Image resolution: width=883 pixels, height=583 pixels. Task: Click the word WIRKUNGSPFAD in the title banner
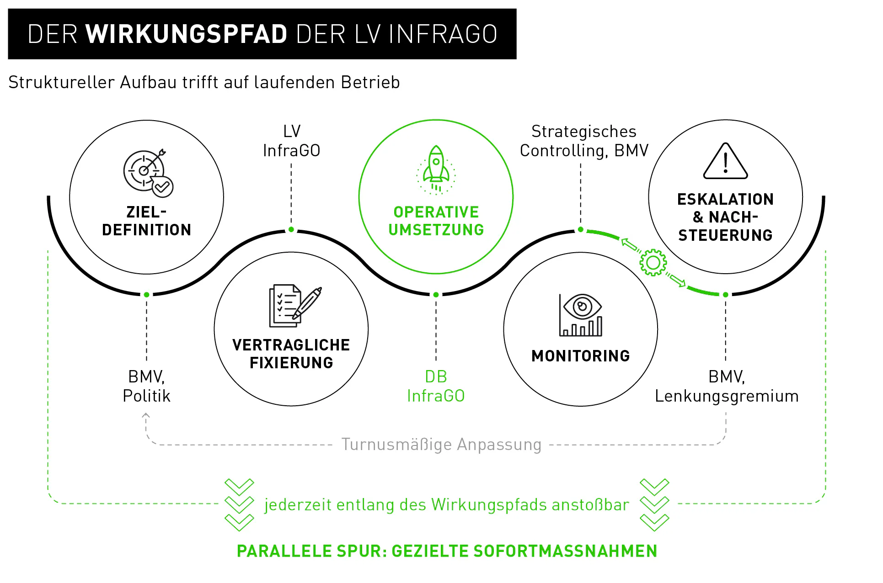point(186,34)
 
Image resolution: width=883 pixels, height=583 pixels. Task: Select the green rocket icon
point(436,170)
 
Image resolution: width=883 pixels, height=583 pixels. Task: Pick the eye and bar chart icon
point(581,315)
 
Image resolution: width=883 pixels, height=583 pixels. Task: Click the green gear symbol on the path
point(653,263)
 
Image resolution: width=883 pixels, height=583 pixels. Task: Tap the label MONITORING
point(581,356)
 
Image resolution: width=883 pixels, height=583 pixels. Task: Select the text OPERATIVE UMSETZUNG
point(436,221)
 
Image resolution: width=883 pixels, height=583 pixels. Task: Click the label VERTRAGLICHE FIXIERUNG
point(291,354)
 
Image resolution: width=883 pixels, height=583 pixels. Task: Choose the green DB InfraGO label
point(436,386)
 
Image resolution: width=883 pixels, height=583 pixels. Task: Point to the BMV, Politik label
point(146,386)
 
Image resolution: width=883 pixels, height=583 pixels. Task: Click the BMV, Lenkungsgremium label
point(727,387)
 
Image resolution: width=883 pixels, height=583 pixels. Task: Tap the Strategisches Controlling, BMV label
point(584,141)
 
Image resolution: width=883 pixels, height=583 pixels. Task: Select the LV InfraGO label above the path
point(292,141)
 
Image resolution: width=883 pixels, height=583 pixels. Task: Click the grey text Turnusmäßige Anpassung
point(441,445)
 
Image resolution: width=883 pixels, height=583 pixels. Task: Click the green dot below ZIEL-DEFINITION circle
point(146,295)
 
